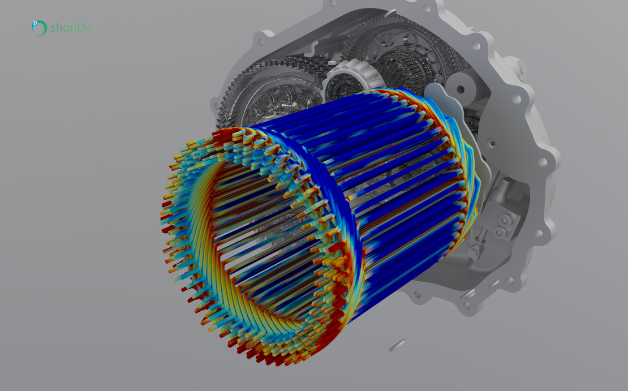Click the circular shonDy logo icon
[39, 28]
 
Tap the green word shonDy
[71, 28]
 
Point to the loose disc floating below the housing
[397, 345]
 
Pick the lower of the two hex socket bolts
[499, 231]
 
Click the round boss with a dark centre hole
[461, 89]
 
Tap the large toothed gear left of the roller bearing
[272, 92]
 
